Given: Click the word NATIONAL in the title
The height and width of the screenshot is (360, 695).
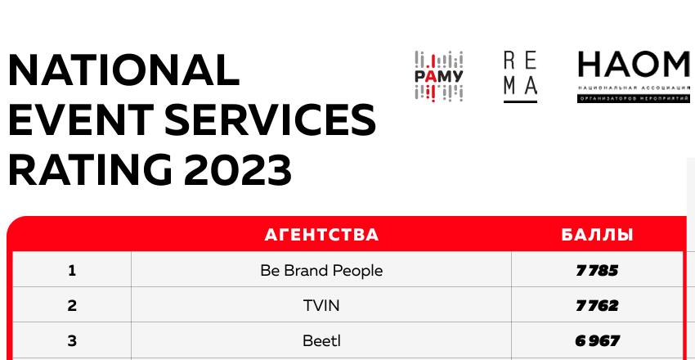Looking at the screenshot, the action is pyautogui.click(x=123, y=70).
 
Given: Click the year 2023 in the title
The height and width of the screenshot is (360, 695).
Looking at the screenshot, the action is pyautogui.click(x=238, y=170).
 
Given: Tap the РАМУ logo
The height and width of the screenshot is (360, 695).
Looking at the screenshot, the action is pyautogui.click(x=439, y=77).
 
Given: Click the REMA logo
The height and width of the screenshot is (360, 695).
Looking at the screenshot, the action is pyautogui.click(x=520, y=77).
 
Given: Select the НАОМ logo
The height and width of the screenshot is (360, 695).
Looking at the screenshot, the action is pyautogui.click(x=634, y=77).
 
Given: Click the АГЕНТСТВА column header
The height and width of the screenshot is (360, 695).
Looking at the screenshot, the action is pyautogui.click(x=321, y=235).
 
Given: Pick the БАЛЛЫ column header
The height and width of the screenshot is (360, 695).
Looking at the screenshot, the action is pyautogui.click(x=597, y=235).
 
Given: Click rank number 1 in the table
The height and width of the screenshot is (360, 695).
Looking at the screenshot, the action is pyautogui.click(x=72, y=270).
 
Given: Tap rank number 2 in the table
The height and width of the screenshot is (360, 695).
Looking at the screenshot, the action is pyautogui.click(x=72, y=305).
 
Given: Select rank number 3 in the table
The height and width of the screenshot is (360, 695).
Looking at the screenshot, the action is pyautogui.click(x=72, y=341).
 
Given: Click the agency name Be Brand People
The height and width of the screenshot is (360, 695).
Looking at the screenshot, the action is pyautogui.click(x=321, y=271).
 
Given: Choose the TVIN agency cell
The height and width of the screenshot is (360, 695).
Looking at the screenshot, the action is pyautogui.click(x=321, y=305).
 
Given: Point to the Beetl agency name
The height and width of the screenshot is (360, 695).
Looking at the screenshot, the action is pyautogui.click(x=321, y=341).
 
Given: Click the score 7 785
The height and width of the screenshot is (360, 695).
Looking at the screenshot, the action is pyautogui.click(x=597, y=271).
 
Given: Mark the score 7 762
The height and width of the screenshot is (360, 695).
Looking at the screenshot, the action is pyautogui.click(x=597, y=305).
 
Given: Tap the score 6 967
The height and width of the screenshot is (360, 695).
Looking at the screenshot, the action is pyautogui.click(x=597, y=341).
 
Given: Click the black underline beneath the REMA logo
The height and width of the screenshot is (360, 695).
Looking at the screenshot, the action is pyautogui.click(x=520, y=102).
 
